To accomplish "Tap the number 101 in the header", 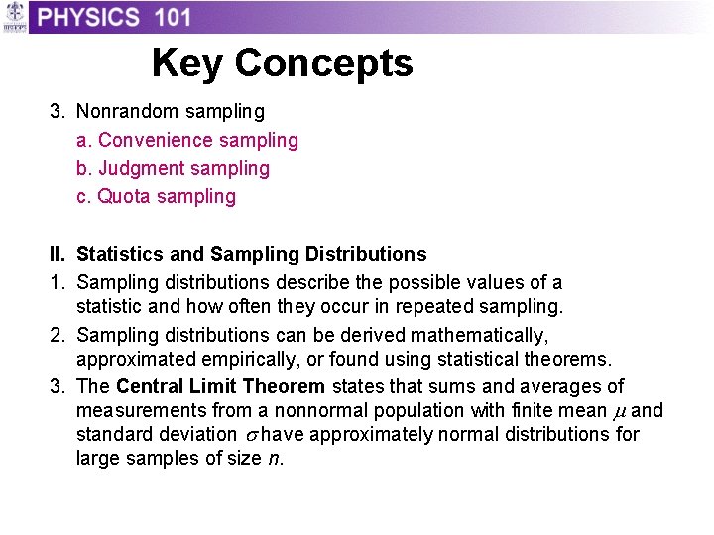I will click(x=174, y=17).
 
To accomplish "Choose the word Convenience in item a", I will click(x=152, y=141).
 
